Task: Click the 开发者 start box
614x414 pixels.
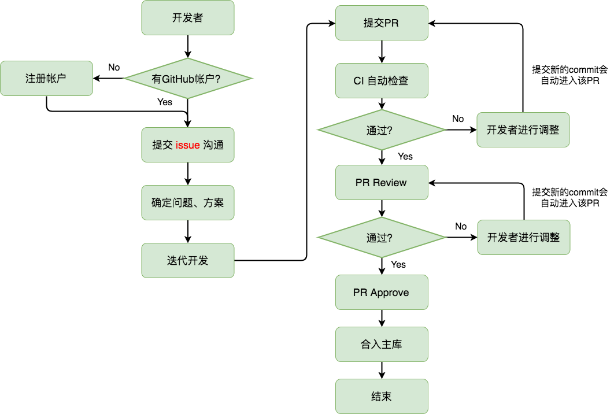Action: (x=188, y=17)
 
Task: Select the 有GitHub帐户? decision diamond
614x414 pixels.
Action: (x=188, y=79)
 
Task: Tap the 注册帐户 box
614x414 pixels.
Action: (x=46, y=78)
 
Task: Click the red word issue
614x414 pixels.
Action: (x=188, y=145)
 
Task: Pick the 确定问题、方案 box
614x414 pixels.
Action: (x=188, y=202)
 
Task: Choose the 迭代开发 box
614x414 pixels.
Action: (x=188, y=260)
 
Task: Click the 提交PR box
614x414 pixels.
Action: (x=382, y=23)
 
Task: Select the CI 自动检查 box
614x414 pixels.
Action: (x=382, y=81)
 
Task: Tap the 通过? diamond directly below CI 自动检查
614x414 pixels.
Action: (x=382, y=130)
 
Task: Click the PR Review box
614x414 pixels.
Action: (x=382, y=183)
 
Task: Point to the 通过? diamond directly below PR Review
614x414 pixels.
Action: (x=382, y=238)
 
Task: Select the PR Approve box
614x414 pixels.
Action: (x=382, y=293)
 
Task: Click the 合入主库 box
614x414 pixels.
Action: (x=382, y=345)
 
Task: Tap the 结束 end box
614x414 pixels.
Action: (x=382, y=397)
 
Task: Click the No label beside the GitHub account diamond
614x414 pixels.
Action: (x=114, y=67)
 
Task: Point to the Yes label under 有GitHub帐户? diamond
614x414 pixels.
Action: (x=165, y=102)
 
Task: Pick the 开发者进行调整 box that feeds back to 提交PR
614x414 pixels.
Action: (x=523, y=130)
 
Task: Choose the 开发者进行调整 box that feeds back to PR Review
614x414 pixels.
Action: (x=524, y=238)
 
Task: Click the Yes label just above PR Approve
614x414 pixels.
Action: (x=398, y=264)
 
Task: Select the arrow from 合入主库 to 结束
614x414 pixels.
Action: (x=382, y=371)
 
